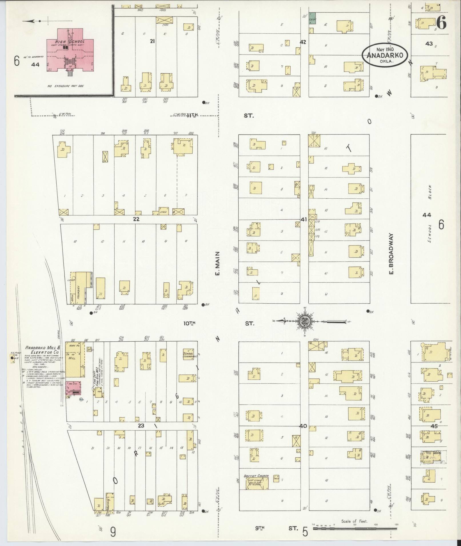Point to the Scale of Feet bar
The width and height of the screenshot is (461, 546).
(354, 529)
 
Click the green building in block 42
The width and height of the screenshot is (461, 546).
(312, 18)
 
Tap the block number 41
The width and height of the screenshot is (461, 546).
(304, 219)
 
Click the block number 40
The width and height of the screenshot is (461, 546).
(303, 434)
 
